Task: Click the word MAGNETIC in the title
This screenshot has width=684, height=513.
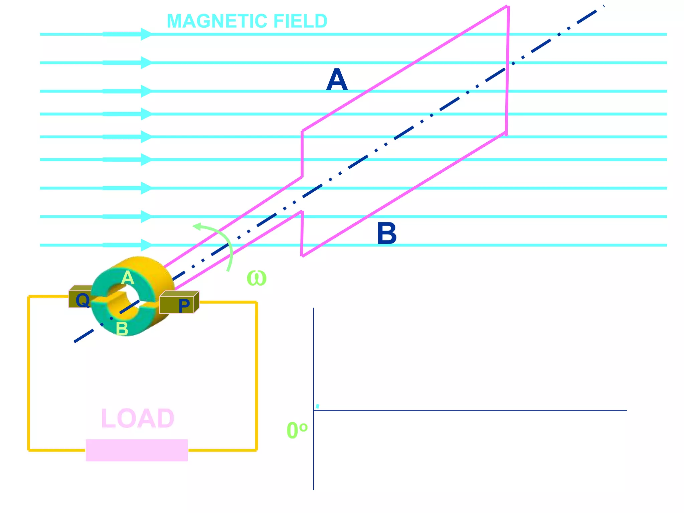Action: (x=217, y=21)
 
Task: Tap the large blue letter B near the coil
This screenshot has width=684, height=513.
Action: (x=387, y=233)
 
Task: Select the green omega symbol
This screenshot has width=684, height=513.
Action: (x=256, y=278)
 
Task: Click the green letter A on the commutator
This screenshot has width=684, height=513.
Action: (x=128, y=278)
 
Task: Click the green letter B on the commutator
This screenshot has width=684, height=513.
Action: (x=122, y=329)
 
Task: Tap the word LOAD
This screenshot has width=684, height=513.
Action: (x=138, y=418)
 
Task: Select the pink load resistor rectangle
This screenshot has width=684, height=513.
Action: (x=137, y=450)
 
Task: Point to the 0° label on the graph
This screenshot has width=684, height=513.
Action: (x=297, y=430)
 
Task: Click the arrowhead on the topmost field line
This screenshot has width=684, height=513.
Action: (x=146, y=34)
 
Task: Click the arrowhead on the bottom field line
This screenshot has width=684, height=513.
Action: (x=146, y=245)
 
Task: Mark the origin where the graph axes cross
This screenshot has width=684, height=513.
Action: (x=314, y=410)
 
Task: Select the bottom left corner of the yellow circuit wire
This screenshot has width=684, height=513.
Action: (x=29, y=450)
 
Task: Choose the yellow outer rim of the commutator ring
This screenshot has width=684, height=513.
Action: (x=157, y=267)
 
